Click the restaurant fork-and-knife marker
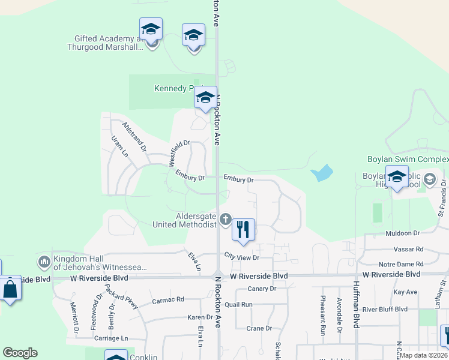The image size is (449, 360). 243,230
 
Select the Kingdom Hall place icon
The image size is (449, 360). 44,262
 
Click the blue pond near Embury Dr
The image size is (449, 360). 322,173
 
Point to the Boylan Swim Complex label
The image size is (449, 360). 408,160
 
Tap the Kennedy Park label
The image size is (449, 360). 173,88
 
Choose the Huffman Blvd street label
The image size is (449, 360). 356,304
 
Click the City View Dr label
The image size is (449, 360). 241,257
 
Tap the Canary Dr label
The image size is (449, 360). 262,289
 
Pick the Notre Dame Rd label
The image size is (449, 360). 401,265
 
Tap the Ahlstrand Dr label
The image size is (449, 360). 134,136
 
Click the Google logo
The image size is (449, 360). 20,353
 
